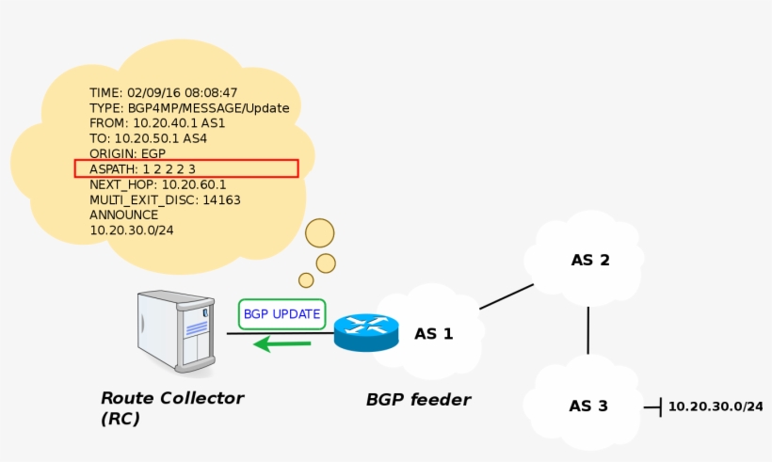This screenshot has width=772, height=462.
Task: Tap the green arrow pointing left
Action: pyautogui.click(x=282, y=344)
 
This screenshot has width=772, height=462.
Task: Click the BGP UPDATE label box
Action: pyautogui.click(x=281, y=313)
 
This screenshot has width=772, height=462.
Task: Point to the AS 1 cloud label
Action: pyautogui.click(x=433, y=333)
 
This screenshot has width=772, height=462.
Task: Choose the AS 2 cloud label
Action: pyautogui.click(x=590, y=260)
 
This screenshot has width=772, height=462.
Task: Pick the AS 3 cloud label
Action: pyautogui.click(x=587, y=406)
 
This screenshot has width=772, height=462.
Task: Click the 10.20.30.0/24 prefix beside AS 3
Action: pyautogui.click(x=715, y=406)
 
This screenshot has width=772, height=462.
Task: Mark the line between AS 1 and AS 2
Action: pyautogui.click(x=506, y=296)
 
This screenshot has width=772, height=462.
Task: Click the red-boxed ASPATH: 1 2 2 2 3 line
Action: pyautogui.click(x=186, y=168)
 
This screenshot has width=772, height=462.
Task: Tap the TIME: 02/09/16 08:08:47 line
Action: pyautogui.click(x=163, y=92)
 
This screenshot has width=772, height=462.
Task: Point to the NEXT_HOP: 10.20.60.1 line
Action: pyautogui.click(x=157, y=184)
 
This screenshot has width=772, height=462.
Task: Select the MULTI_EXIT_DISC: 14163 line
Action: pyautogui.click(x=165, y=199)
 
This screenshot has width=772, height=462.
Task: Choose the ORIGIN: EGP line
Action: pyautogui.click(x=127, y=153)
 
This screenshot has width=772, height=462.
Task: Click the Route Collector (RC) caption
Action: pyautogui.click(x=171, y=407)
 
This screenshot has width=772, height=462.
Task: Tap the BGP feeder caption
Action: pyautogui.click(x=418, y=400)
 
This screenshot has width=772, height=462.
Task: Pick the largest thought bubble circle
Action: pyautogui.click(x=320, y=233)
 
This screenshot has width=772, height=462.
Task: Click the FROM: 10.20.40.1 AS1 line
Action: pyautogui.click(x=157, y=122)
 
